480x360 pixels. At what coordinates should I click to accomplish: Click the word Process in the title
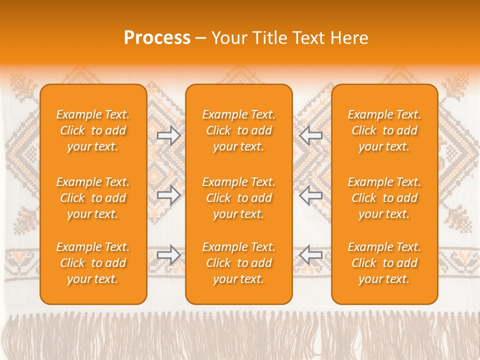[157, 38]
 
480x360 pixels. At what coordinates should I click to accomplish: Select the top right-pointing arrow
[168, 135]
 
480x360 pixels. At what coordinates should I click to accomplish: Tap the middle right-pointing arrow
[168, 195]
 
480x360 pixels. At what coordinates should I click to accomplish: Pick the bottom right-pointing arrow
[168, 254]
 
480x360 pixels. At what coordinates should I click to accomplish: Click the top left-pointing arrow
[311, 135]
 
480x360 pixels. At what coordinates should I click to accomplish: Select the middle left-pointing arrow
[311, 195]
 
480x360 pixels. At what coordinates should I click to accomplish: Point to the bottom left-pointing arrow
[311, 254]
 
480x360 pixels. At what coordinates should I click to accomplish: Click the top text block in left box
[93, 130]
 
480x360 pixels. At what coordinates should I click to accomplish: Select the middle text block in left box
[93, 198]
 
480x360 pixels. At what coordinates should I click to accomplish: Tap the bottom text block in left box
[93, 263]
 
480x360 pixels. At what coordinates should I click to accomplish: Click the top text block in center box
[239, 130]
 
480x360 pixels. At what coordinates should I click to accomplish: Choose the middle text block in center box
[239, 198]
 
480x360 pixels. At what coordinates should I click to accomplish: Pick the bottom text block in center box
[239, 263]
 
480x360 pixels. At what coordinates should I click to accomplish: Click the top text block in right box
[384, 130]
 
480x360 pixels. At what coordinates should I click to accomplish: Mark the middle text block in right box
[384, 198]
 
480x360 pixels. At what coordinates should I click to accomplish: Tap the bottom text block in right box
[384, 263]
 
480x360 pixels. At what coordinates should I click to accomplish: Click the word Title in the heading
[269, 38]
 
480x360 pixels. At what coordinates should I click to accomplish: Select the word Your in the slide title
[228, 38]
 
